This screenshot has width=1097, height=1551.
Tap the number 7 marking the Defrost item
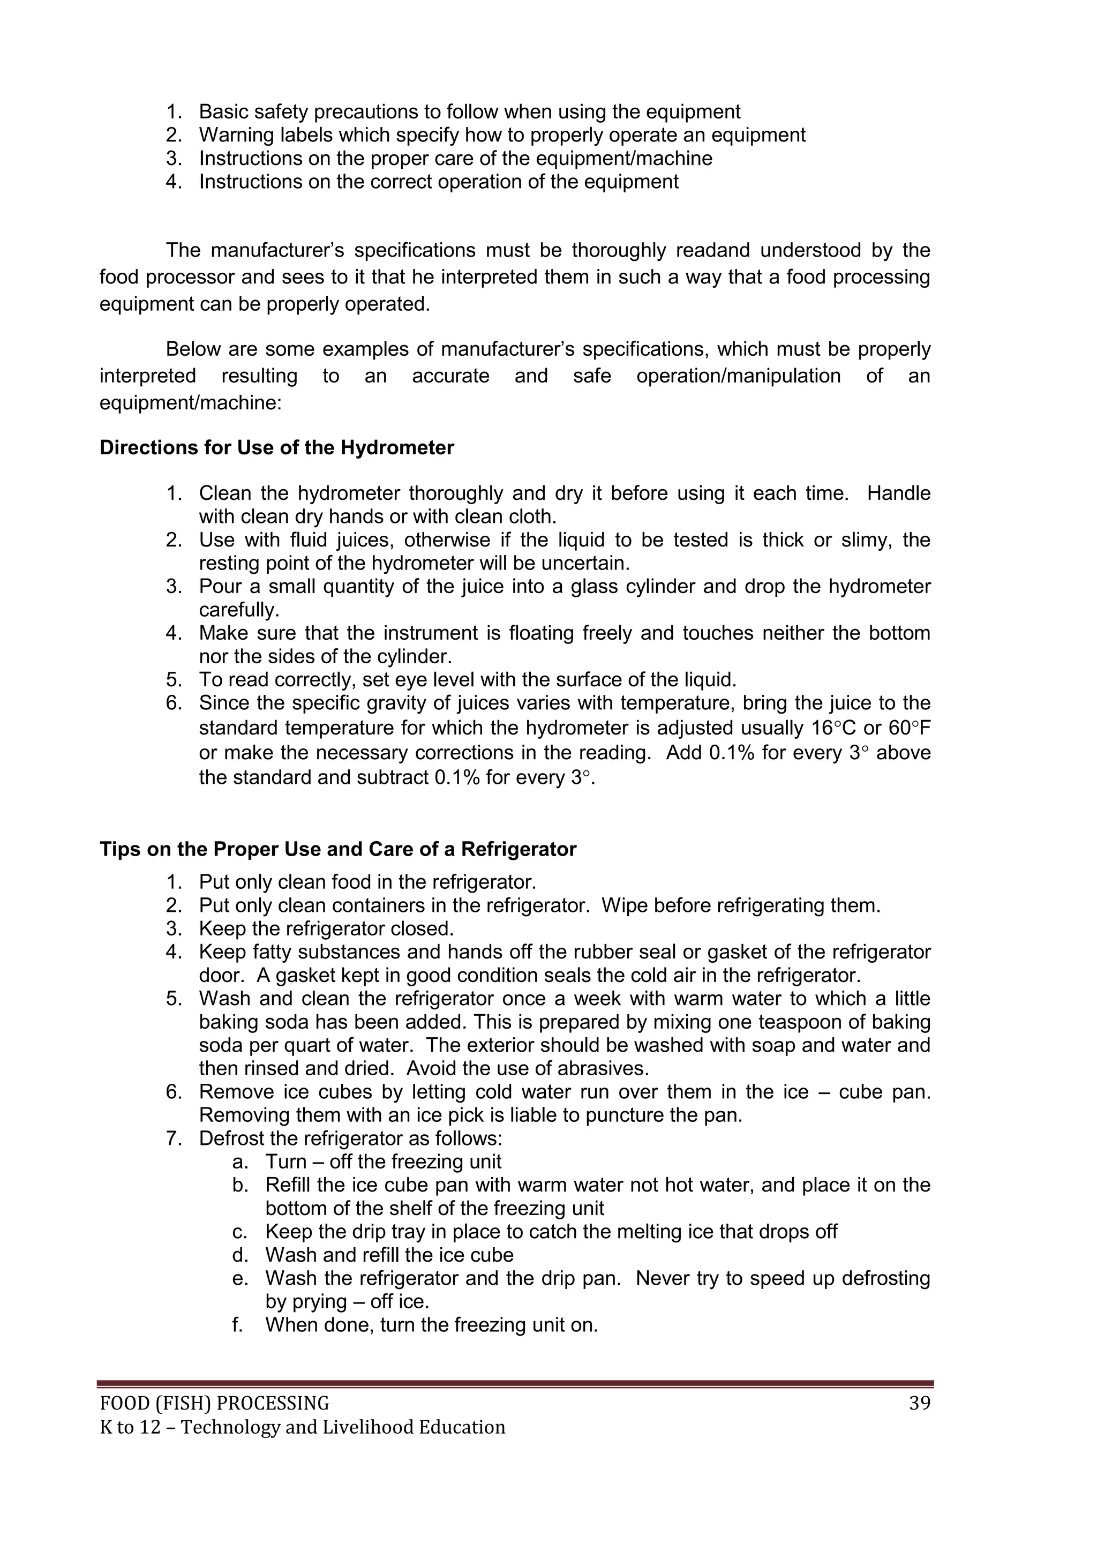click(172, 1139)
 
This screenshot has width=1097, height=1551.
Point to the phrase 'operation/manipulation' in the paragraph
click(738, 376)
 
